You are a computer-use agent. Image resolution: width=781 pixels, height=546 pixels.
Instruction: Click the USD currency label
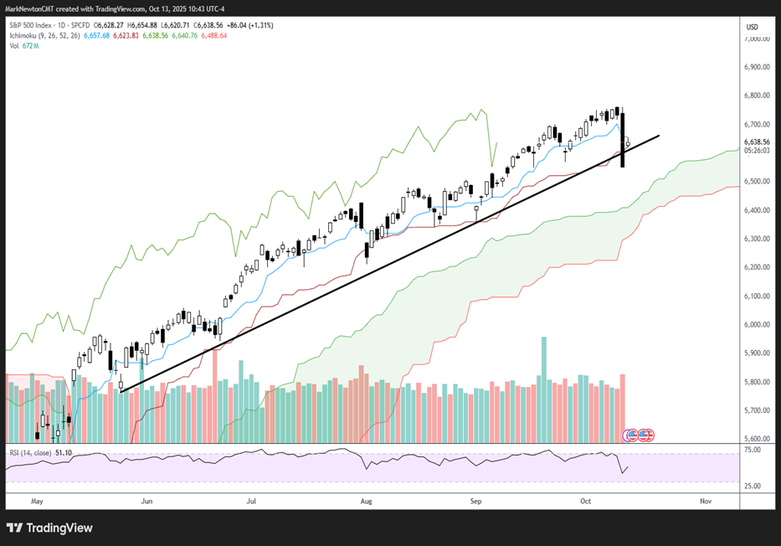tap(751, 27)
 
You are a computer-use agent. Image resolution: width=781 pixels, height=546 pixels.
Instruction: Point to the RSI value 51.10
tap(64, 453)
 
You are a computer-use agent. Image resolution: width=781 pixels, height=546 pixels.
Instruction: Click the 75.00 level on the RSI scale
tap(751, 450)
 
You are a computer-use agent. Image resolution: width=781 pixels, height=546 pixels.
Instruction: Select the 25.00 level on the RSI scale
tap(751, 485)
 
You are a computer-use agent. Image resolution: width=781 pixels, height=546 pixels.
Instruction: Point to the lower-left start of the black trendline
tap(121, 391)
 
